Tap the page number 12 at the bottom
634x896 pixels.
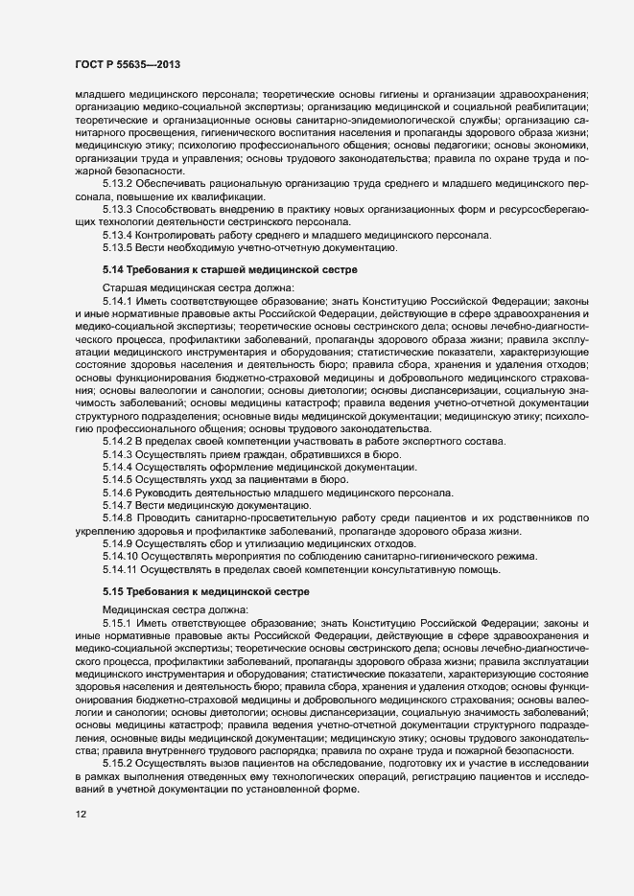(x=81, y=840)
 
